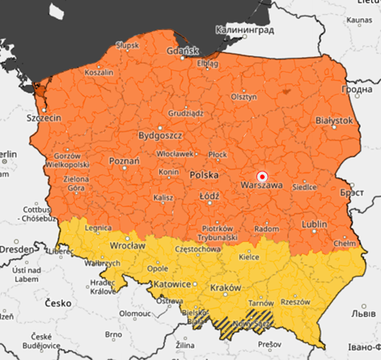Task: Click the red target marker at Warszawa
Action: [x=262, y=175]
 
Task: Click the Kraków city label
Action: [x=225, y=287]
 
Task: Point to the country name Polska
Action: [x=205, y=176]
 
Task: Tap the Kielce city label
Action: [x=249, y=258]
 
